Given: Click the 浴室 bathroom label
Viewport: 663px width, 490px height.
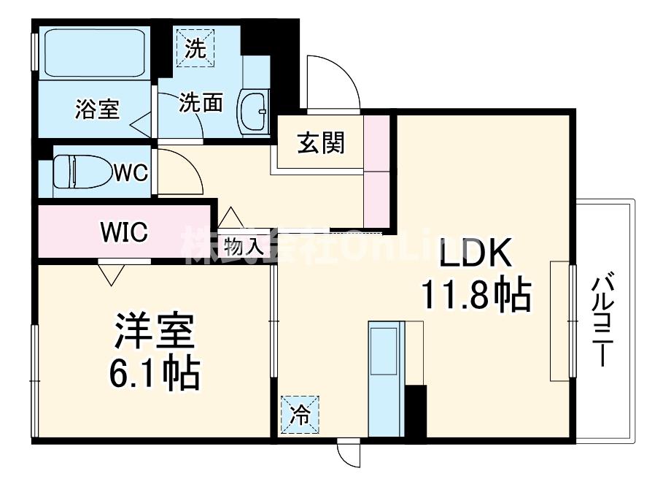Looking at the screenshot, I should coord(97,109).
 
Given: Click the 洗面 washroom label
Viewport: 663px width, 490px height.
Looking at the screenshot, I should coord(201,103).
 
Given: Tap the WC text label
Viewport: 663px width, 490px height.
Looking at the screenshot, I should coord(131,173).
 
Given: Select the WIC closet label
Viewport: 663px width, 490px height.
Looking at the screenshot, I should coord(124,232).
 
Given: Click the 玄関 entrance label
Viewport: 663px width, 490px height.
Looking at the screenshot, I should coord(320,143).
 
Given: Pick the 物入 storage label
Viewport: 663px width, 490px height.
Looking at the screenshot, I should coord(244,246).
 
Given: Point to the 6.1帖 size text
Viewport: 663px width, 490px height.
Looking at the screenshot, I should coord(152,372).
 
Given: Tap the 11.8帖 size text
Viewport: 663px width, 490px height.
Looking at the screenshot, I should coord(473,295).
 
